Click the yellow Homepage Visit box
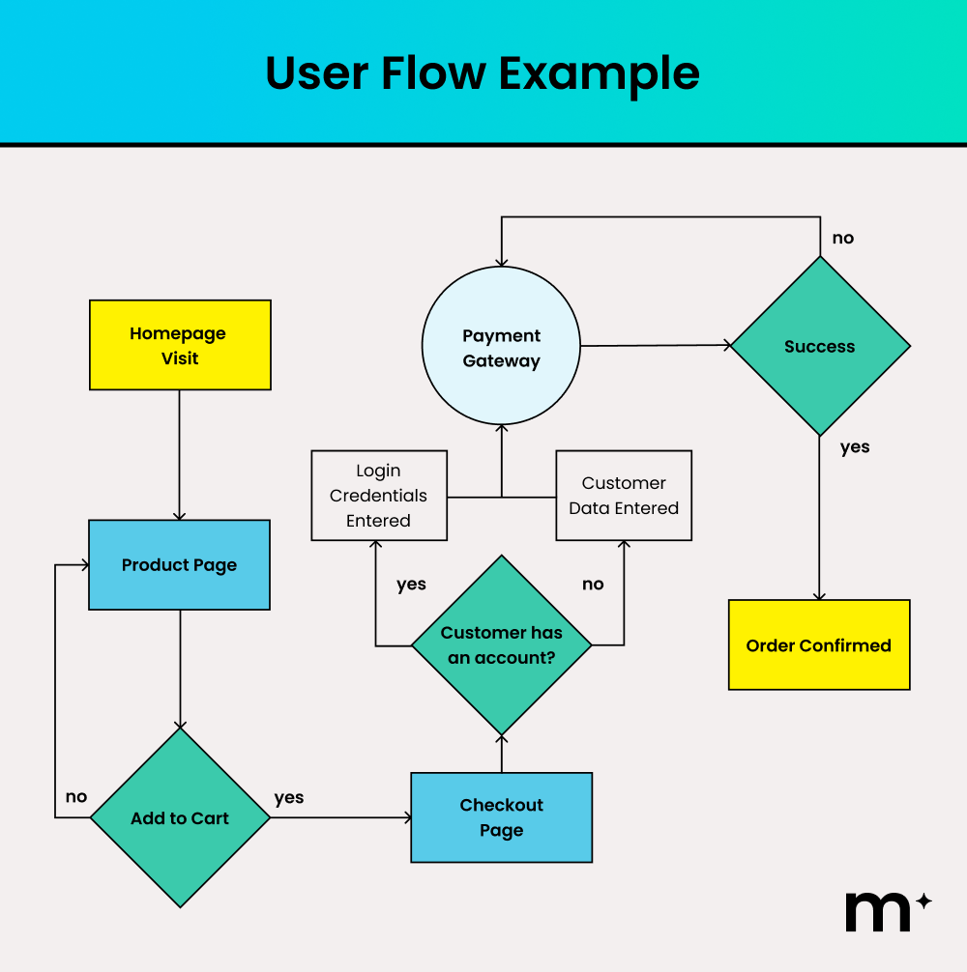click(180, 345)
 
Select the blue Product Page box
click(179, 565)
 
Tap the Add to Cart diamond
click(180, 817)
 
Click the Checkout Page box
click(501, 817)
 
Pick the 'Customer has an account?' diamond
click(501, 644)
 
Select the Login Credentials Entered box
click(378, 496)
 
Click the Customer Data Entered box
click(624, 496)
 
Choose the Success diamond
click(819, 346)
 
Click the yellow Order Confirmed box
click(818, 645)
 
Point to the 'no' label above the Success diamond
click(843, 238)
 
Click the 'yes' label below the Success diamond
click(855, 447)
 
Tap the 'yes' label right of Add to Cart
click(289, 798)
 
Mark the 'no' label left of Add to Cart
click(76, 797)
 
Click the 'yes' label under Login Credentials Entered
click(411, 585)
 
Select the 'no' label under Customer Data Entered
click(593, 585)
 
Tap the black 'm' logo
click(878, 910)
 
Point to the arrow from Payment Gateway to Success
click(656, 345)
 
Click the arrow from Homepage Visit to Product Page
click(180, 454)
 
